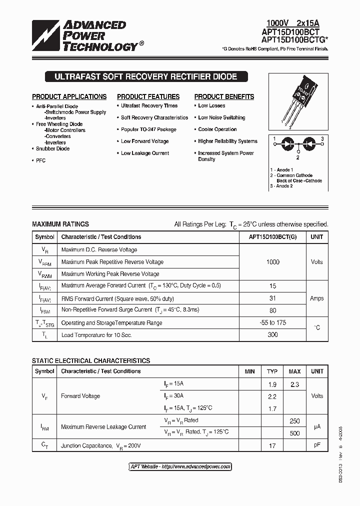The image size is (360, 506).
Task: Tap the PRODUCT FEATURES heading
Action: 148,96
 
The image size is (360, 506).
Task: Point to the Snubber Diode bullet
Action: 52,148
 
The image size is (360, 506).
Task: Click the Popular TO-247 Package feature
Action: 148,129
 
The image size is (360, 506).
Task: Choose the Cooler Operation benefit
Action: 217,129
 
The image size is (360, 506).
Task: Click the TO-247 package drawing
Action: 298,100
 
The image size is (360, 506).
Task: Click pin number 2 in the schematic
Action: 297,157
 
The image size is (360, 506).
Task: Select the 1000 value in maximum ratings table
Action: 272,262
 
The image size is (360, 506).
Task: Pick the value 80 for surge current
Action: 272,310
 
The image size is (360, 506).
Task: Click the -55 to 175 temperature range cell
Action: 272,322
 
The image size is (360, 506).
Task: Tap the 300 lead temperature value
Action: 272,334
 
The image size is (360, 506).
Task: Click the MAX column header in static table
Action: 294,371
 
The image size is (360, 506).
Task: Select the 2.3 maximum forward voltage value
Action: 294,384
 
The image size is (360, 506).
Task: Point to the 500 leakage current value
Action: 294,432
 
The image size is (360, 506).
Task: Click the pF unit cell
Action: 316,445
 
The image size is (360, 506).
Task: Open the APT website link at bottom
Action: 180,466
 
